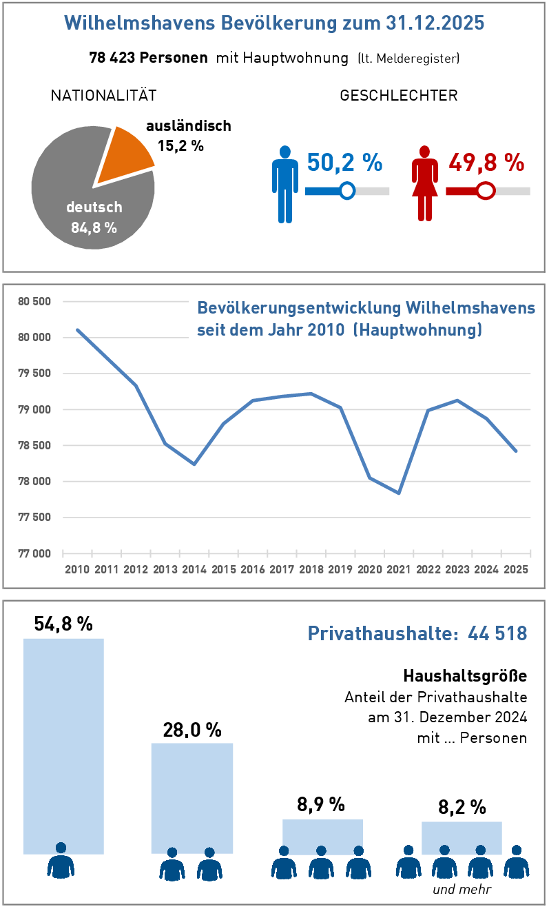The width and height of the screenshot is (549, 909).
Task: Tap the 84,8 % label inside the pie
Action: point(94,227)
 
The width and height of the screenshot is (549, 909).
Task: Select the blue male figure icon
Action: point(284,184)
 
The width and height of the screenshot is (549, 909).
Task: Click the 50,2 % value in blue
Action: point(344,163)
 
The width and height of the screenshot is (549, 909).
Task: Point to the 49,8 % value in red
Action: point(486,163)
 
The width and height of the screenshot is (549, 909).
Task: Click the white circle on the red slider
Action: point(486,190)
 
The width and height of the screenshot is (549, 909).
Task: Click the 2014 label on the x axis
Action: point(194,569)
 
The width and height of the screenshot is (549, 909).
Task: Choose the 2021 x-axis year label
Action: point(399,569)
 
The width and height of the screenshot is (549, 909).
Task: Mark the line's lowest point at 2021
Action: point(399,493)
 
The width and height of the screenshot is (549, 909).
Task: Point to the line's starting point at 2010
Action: point(77,329)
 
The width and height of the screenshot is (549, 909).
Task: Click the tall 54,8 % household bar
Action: point(63,744)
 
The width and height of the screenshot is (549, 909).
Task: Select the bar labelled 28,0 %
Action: point(192,797)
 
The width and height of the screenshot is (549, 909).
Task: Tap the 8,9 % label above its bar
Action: point(321,804)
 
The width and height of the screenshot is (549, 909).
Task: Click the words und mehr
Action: point(462,889)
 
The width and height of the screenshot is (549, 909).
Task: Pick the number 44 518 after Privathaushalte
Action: point(497,633)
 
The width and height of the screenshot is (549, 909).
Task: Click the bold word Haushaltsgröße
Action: point(465,673)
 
